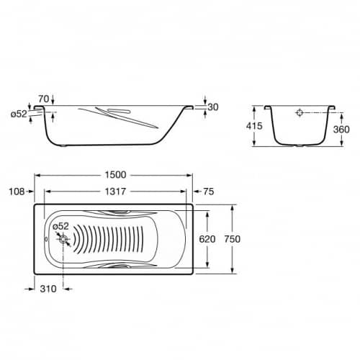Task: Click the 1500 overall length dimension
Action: (115, 175)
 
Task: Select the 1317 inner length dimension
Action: (115, 192)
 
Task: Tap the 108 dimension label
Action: (17, 192)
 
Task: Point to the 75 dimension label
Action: (209, 192)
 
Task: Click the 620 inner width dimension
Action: (207, 239)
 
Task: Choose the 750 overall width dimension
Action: (233, 239)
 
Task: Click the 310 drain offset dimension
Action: (48, 289)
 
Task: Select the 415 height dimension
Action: (254, 126)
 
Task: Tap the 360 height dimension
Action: (341, 130)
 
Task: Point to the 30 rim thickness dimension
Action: (213, 107)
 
